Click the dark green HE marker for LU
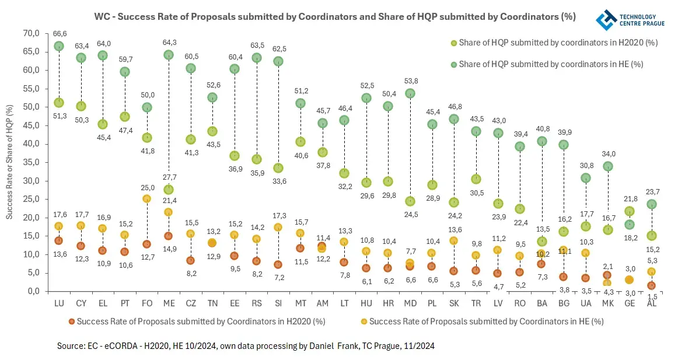[x=59, y=46]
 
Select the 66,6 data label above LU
[x=59, y=34]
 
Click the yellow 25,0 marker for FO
[x=146, y=199]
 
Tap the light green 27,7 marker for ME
[x=168, y=190]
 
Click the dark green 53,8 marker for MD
[x=410, y=93]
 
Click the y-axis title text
[x=10, y=162]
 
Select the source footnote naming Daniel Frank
[x=245, y=346]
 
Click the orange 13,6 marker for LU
[x=59, y=240]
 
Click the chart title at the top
[x=335, y=17]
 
